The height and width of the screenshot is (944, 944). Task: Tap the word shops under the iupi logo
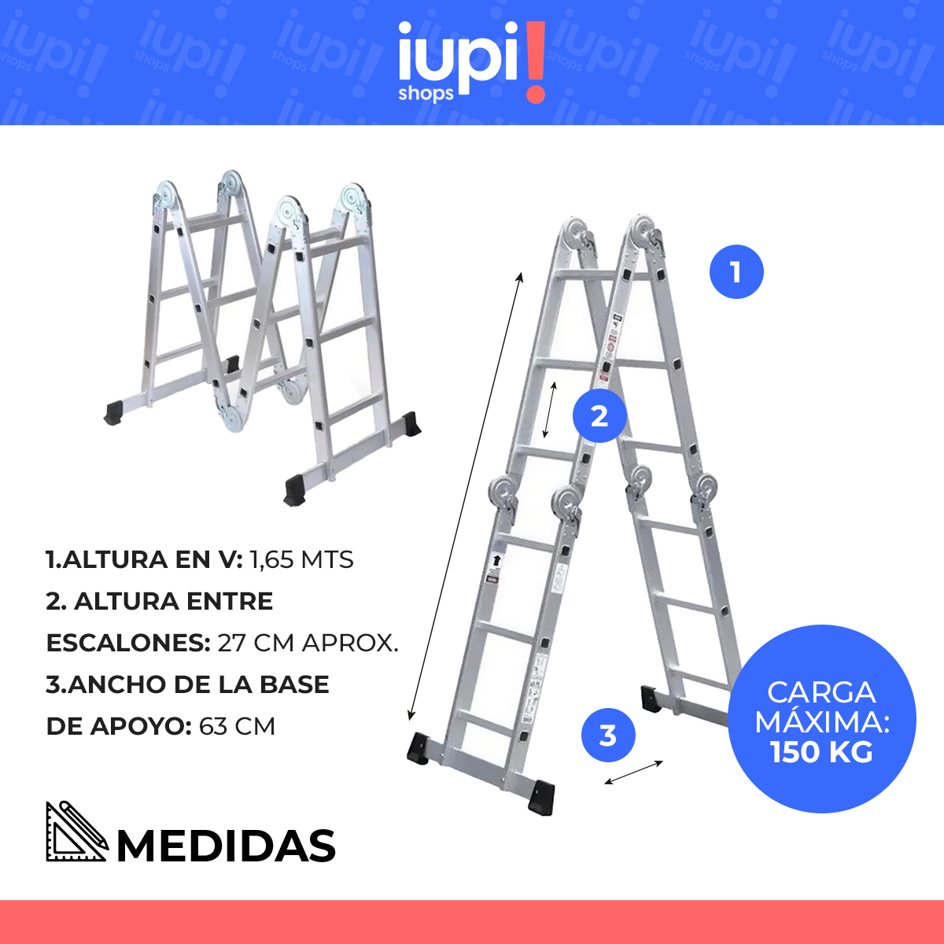[x=426, y=94]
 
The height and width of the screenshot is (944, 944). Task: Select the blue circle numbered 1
[x=736, y=272]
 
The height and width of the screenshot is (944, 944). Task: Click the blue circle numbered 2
[x=599, y=415]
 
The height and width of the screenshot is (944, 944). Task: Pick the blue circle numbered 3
[x=608, y=736]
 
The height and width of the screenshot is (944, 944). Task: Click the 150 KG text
[x=821, y=752]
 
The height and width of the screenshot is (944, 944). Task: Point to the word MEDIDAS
[x=227, y=846]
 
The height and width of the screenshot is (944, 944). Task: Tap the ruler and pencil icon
[x=76, y=832]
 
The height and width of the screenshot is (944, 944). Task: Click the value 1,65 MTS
[x=301, y=560]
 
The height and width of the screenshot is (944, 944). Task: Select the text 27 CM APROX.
[x=308, y=643]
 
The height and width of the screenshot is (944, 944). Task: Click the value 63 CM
[x=237, y=726]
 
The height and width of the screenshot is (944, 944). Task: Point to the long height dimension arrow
[x=464, y=496]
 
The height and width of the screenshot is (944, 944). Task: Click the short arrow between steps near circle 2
[x=551, y=410]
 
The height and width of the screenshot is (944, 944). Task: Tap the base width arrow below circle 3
[x=634, y=773]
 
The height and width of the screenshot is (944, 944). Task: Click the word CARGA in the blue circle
[x=821, y=692]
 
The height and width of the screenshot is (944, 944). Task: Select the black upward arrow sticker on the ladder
[x=496, y=561]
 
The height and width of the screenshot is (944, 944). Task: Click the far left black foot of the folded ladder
[x=114, y=412]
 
